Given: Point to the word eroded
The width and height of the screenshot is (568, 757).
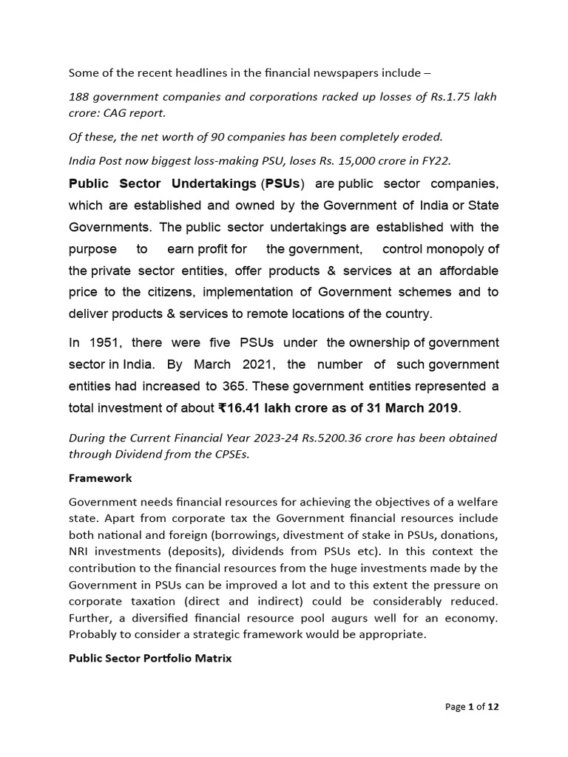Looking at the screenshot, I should [424, 136].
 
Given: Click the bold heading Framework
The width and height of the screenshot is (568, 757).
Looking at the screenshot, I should [100, 478].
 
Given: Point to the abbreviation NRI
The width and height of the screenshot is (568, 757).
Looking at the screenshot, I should [80, 551].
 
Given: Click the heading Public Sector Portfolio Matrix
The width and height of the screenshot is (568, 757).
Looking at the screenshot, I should [150, 657].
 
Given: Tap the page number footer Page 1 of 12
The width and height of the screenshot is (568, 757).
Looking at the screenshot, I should [472, 707].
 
